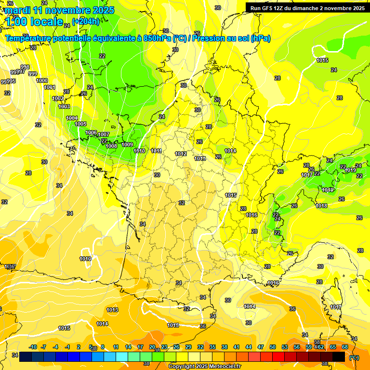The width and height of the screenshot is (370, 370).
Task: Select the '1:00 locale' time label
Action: (x=34, y=22)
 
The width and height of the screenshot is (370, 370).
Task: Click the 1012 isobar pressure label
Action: (x=181, y=154)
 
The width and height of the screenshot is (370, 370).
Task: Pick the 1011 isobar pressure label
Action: (x=156, y=151)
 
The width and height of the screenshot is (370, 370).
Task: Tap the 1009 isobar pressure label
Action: (x=127, y=145)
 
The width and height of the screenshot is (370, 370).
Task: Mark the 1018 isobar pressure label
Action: (x=321, y=206)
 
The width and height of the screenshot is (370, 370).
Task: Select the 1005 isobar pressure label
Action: (x=81, y=124)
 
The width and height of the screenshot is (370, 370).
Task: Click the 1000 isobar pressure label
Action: (x=42, y=80)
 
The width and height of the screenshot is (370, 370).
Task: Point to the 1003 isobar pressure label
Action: (x=64, y=106)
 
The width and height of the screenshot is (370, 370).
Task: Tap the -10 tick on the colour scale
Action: (x=33, y=347)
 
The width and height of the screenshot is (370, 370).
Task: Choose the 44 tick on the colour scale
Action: (x=249, y=347)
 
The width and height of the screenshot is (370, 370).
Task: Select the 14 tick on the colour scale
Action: (x=128, y=347)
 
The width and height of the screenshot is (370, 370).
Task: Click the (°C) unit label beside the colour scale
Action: (x=354, y=357)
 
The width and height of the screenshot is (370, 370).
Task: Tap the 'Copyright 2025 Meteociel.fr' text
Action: (x=204, y=366)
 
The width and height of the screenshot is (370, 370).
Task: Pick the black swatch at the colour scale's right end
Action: (x=339, y=357)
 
